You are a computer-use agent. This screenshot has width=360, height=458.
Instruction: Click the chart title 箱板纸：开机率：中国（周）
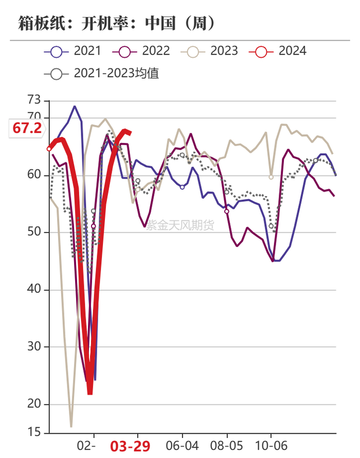pos(117,23)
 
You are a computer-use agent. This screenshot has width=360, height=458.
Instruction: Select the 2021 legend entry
pos(73,51)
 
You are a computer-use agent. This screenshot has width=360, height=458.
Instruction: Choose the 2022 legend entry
pos(141,51)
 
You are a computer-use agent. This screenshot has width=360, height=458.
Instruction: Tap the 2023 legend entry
pos(209,51)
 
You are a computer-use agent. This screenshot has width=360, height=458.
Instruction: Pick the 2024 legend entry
pos(278,51)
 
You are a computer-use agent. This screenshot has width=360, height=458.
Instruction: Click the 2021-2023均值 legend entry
pos(102,73)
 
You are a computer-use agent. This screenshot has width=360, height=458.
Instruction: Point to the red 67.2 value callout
pos(27,128)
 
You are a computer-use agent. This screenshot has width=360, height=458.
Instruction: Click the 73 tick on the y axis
pos(34,100)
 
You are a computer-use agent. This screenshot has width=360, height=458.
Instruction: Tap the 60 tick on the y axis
pos(34,174)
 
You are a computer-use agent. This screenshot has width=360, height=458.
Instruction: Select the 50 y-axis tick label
pos(34,232)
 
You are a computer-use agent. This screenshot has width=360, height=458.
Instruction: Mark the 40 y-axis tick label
pos(34,289)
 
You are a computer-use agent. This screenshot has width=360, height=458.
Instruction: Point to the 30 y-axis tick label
pos(34,346)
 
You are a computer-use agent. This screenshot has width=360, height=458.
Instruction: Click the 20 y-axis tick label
pos(34,403)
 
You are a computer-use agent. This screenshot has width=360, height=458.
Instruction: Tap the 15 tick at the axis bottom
pos(34,432)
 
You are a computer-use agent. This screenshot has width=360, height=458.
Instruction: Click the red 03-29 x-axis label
pos(130,447)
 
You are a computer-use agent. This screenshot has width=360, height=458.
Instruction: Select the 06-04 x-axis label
pos(182,446)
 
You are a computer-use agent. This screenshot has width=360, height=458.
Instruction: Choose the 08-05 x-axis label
pos(227,446)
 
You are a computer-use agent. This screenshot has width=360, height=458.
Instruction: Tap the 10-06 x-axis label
pos(271,446)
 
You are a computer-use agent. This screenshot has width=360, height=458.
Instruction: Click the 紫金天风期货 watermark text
pos(180,225)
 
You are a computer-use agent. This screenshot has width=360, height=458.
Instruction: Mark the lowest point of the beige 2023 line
pos(71,427)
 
